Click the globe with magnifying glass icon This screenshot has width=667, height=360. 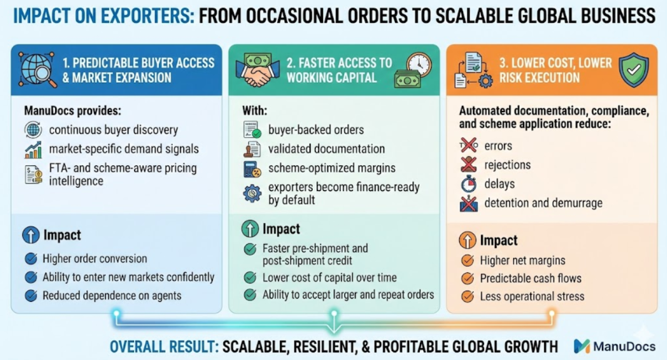pos(37,69)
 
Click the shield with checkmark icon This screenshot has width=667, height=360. pos(634,69)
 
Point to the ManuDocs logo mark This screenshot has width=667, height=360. pos(581,346)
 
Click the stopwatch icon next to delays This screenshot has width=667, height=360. pos(469,184)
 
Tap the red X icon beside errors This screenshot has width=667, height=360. pos(469,145)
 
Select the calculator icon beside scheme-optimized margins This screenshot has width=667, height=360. pos(252,169)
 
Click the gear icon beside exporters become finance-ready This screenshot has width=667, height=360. pos(252,193)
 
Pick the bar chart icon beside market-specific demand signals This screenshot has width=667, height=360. pos(33,150)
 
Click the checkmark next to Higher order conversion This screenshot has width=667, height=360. pos(31,259)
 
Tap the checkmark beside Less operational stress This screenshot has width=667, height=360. pos(467,296)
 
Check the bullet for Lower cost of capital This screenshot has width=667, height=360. pos(250,278)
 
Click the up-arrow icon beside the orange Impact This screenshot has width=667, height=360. pos(467,240)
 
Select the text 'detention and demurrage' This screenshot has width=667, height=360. pos(543,203)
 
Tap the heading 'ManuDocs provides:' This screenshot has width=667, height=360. pos(73,111)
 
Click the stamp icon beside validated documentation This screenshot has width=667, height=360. pos(252,150)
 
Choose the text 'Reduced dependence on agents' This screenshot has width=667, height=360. pos(112,296)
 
